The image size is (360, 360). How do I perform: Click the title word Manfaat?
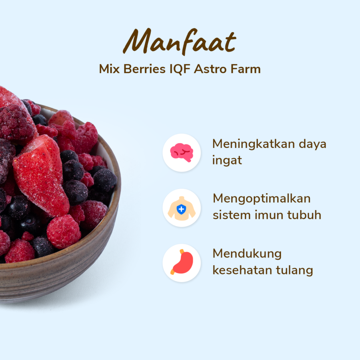click(180, 42)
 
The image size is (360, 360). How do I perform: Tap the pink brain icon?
click(182, 152)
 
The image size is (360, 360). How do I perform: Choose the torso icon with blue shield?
click(182, 208)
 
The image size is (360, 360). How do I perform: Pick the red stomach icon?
click(182, 263)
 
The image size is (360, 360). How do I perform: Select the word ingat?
click(227, 161)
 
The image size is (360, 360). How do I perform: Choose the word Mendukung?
click(247, 254)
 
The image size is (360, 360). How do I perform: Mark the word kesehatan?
click(242, 270)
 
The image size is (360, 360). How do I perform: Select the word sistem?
click(232, 215)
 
